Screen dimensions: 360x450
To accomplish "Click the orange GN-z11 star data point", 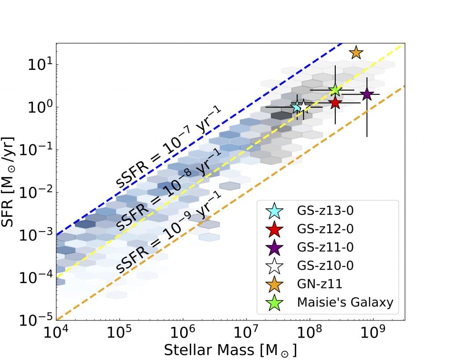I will (x=356, y=53).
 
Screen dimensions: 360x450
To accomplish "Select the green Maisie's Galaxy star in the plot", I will (x=335, y=90).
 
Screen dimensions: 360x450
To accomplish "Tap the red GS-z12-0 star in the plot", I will (x=335, y=103).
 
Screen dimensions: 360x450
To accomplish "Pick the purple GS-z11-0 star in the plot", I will (x=367, y=94).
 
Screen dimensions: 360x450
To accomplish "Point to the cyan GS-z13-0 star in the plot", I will (x=297, y=107).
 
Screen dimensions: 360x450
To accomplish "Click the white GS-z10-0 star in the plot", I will (x=303, y=107).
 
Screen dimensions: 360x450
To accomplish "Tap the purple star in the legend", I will (x=275, y=247).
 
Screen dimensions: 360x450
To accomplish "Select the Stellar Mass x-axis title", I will (x=230, y=350).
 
